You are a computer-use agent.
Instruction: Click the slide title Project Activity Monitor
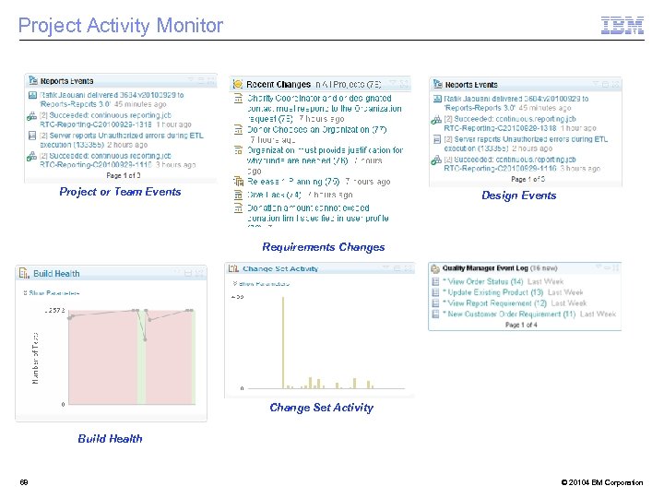121,26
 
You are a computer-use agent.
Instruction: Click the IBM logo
622,26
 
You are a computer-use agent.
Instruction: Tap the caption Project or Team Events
120,192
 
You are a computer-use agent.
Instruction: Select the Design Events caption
519,196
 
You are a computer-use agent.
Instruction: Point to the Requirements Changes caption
324,247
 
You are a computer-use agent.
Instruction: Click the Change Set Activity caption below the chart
322,408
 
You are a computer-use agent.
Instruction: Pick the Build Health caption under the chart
110,439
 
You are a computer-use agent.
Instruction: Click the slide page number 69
24,482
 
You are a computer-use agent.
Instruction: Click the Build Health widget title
56,274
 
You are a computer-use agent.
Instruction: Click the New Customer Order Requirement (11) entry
508,314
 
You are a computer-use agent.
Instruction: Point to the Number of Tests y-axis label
36,359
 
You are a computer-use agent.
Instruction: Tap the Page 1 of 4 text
521,325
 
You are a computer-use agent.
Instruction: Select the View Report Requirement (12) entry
494,302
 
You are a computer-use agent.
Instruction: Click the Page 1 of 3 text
125,175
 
